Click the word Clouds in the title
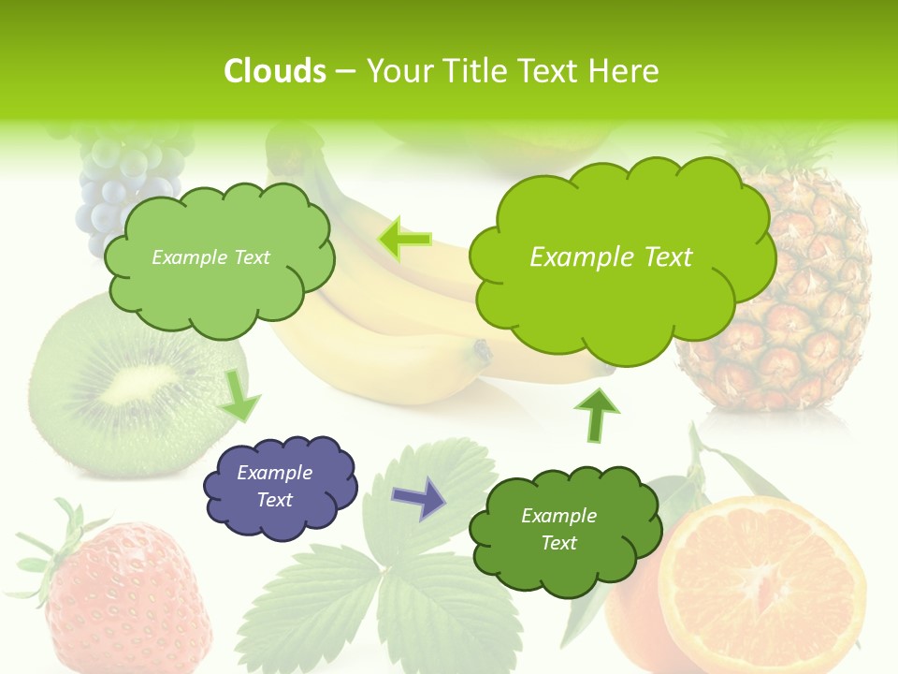[x=275, y=71]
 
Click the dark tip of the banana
[x=482, y=352]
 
